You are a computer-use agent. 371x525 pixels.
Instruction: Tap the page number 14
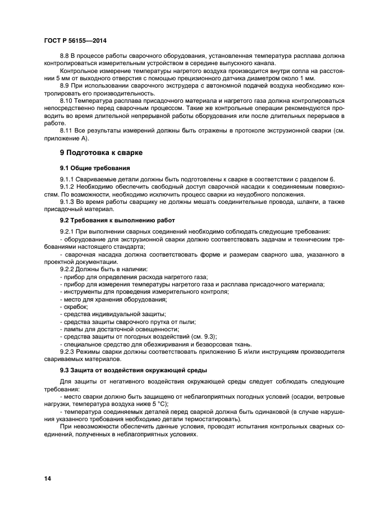click(x=48, y=478)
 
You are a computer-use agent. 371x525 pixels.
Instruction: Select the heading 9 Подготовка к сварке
click(x=101, y=152)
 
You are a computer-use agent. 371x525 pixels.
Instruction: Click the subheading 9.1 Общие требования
click(x=95, y=168)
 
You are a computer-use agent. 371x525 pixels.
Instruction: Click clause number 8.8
click(x=66, y=57)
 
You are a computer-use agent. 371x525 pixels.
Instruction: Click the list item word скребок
click(x=75, y=307)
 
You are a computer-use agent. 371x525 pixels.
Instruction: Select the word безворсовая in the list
click(x=208, y=344)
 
